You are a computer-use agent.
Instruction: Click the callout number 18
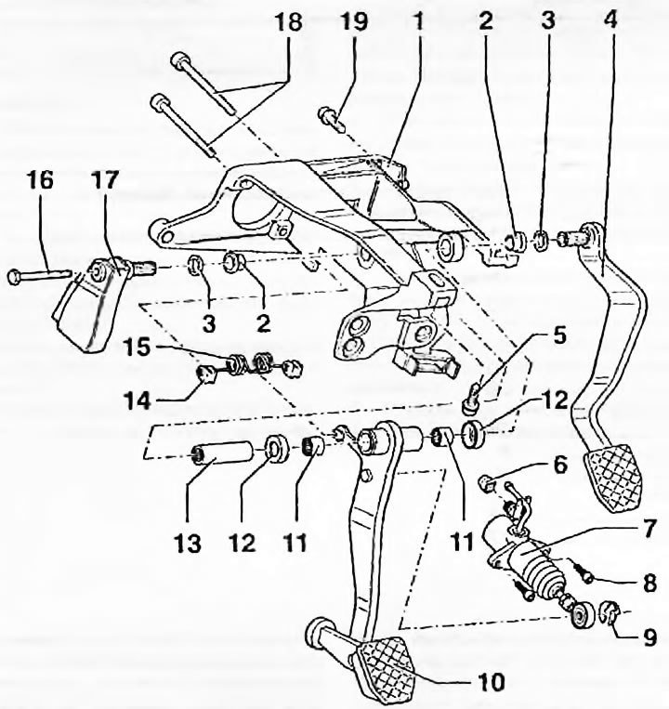288,21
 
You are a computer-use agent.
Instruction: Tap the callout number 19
354,21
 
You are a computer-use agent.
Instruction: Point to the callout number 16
39,180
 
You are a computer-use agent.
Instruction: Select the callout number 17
105,180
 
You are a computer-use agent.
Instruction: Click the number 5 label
559,335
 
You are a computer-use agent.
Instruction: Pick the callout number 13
188,542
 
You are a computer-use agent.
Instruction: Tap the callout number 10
491,682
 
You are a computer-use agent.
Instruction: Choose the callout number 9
649,637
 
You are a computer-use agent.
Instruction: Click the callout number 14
138,400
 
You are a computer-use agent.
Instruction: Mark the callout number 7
649,528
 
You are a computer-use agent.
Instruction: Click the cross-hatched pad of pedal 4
613,478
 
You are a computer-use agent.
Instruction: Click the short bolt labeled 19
333,119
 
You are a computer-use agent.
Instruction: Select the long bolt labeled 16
39,274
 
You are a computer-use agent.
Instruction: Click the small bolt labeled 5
474,397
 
